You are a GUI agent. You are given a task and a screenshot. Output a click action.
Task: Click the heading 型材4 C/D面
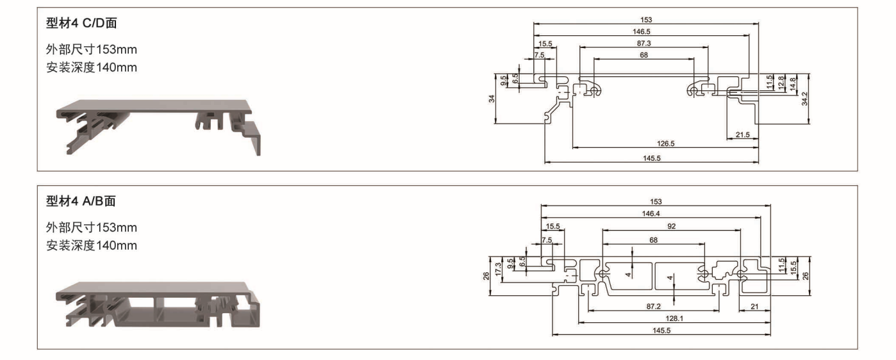click(x=81, y=23)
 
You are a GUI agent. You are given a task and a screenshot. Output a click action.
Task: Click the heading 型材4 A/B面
click(x=81, y=200)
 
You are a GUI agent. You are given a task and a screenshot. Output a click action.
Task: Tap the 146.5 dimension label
click(x=641, y=31)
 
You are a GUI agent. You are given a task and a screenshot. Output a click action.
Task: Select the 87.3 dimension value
click(x=643, y=43)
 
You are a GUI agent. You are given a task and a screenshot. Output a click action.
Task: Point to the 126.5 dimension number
click(x=666, y=143)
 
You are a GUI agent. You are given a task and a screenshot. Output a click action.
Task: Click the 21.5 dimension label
click(x=742, y=135)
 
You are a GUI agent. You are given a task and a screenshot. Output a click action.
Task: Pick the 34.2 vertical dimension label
click(x=804, y=99)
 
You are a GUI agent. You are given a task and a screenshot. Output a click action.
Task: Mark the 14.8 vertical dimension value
click(x=792, y=85)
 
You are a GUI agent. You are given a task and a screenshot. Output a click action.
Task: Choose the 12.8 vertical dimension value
click(x=781, y=83)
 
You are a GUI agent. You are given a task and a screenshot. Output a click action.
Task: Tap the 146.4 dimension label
click(x=651, y=213)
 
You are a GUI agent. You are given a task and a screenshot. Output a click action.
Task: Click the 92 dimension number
click(x=671, y=226)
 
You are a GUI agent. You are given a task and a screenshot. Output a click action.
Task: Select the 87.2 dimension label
click(x=654, y=306)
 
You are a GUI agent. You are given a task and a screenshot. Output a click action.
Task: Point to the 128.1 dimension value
click(x=674, y=318)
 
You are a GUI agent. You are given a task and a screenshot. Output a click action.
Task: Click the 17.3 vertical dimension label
click(x=498, y=269)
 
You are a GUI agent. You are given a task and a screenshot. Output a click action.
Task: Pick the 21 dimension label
click(x=754, y=306)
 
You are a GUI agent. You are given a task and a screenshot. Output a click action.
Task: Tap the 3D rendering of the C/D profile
click(x=158, y=127)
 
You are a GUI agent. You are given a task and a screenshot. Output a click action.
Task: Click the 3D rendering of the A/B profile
click(x=158, y=305)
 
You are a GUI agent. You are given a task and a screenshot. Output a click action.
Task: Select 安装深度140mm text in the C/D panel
click(x=91, y=67)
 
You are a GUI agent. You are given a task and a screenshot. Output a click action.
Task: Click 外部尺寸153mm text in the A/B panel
click(x=91, y=227)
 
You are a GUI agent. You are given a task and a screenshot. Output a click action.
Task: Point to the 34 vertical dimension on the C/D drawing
click(x=492, y=99)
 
